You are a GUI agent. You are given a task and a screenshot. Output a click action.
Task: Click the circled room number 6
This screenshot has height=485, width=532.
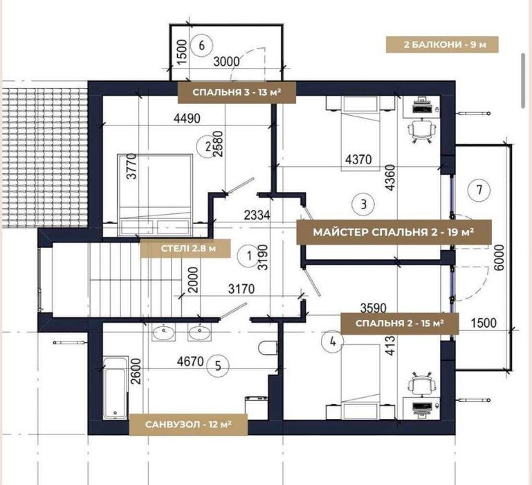click(201, 45)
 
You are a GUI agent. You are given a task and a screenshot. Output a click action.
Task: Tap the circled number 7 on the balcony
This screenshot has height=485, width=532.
click(479, 190)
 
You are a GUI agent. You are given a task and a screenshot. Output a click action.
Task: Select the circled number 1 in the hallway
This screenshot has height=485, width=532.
click(249, 256)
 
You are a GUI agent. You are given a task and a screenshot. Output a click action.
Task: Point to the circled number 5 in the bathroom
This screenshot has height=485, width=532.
click(217, 366)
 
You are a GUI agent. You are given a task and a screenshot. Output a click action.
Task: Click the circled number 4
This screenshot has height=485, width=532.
click(333, 342)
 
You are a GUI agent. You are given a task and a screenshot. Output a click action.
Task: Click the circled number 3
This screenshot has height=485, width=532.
click(364, 204)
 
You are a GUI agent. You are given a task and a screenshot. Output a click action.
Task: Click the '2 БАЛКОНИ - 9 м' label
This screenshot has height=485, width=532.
click(442, 44)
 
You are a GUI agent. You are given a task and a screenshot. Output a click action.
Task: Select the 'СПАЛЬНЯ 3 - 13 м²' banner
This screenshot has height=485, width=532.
click(237, 92)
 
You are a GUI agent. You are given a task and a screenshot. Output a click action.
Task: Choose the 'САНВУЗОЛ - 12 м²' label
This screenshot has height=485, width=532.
click(188, 424)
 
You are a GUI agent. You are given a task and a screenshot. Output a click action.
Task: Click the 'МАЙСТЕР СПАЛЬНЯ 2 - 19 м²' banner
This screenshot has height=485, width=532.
click(394, 232)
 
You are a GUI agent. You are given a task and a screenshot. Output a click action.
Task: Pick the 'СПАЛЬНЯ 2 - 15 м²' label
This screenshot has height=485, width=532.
click(400, 324)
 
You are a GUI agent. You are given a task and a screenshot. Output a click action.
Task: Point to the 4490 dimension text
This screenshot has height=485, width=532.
click(187, 118)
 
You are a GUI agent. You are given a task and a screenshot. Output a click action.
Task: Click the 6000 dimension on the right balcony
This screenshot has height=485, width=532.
click(499, 257)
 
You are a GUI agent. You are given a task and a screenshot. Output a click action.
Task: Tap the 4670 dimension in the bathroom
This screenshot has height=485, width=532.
click(190, 361)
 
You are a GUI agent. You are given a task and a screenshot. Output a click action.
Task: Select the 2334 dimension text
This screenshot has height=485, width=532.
click(257, 215)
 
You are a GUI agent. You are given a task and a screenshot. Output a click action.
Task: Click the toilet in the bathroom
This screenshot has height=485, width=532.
click(268, 348)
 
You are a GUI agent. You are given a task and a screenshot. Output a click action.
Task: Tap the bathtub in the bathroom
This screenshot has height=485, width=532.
click(116, 388)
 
